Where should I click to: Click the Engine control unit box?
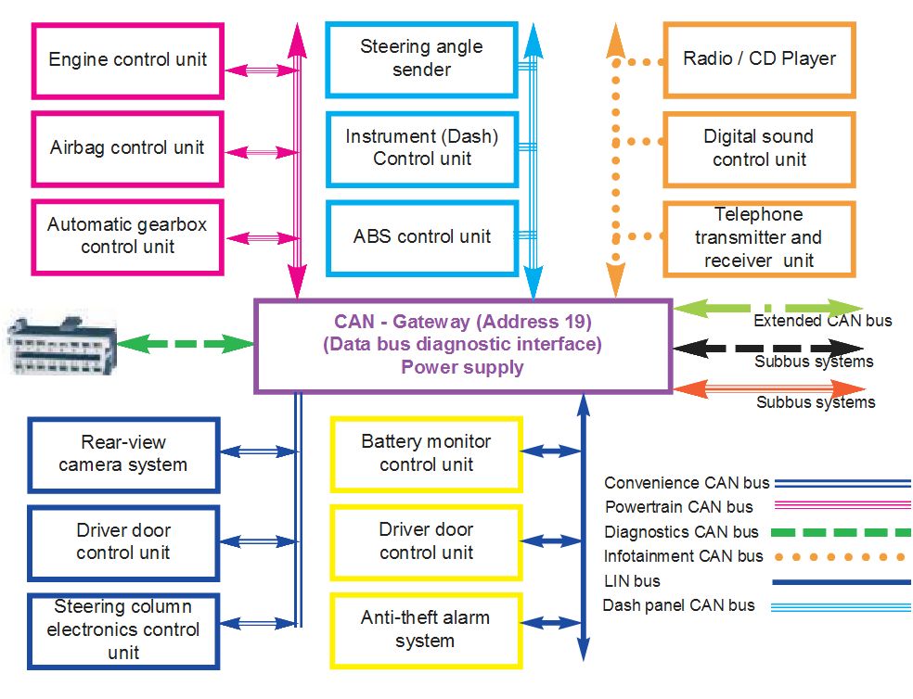[x=128, y=60]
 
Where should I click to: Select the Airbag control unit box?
[x=128, y=148]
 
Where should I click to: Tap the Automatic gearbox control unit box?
[x=128, y=235]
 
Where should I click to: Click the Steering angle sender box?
[x=421, y=58]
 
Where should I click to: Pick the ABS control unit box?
[x=421, y=236]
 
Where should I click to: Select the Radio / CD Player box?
[x=759, y=59]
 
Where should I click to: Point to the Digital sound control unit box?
[x=759, y=148]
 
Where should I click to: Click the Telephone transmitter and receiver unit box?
[x=759, y=237]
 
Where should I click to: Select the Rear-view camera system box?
[x=123, y=454]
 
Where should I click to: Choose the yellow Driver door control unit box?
[x=426, y=541]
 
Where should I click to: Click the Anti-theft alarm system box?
[x=426, y=629]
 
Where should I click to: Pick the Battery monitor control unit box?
[x=426, y=453]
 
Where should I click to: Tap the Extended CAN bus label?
[x=822, y=321]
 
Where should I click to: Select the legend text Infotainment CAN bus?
[x=684, y=556]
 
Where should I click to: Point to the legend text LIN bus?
[x=632, y=581]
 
